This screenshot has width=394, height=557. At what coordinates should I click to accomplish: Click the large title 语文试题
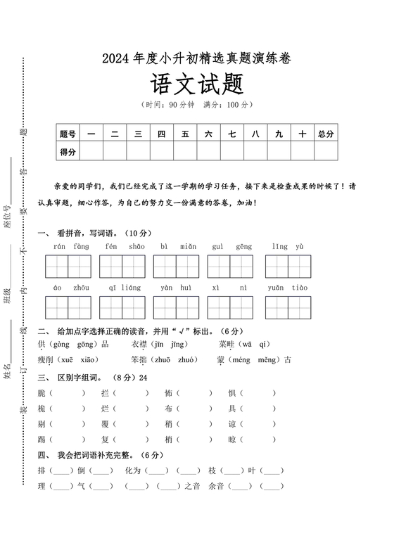pos(196,86)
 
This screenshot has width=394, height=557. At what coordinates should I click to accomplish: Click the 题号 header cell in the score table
pos(68,134)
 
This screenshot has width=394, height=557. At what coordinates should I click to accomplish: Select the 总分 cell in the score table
pos(326,134)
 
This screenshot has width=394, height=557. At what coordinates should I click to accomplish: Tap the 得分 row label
pos(68,152)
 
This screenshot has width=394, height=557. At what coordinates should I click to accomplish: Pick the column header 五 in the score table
pos(185,134)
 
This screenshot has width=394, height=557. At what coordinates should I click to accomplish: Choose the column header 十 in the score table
pos(303,134)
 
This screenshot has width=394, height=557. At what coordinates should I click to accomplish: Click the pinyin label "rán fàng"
pos(71,247)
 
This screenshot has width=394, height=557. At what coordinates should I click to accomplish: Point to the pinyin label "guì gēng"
pos(233,247)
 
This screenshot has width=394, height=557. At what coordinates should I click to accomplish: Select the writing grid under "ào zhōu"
pos(69,307)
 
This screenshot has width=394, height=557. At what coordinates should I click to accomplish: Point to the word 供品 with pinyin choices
pos(74,344)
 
